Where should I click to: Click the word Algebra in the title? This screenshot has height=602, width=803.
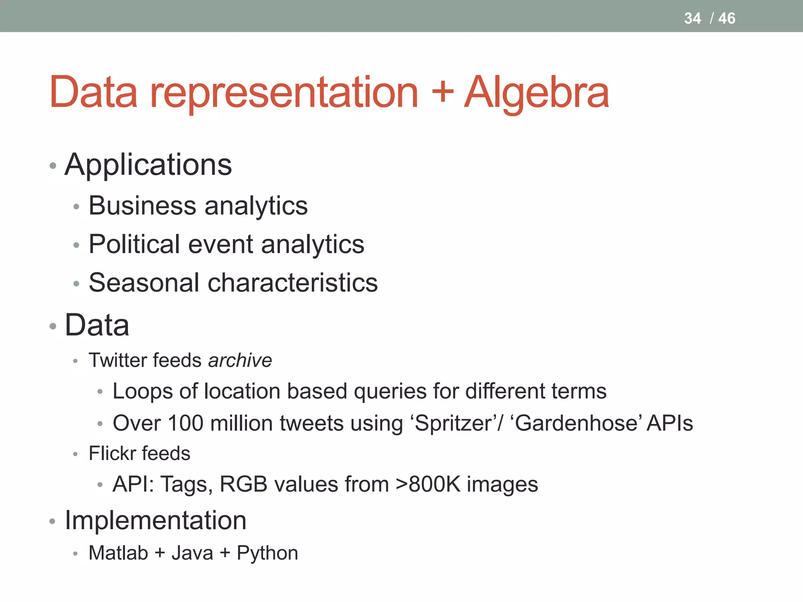(x=536, y=93)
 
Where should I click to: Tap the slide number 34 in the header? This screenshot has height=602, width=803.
(x=692, y=18)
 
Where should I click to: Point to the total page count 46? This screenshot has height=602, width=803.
(x=727, y=18)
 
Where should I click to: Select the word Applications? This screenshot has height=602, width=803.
(x=148, y=165)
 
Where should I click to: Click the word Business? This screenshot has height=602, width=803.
(x=142, y=205)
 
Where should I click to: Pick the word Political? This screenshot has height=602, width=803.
(x=134, y=244)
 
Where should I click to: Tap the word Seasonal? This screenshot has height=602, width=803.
(x=144, y=283)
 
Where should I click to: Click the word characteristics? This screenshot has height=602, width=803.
(x=292, y=283)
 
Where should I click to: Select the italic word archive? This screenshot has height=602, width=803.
(x=240, y=360)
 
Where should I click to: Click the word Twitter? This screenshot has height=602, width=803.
(x=117, y=360)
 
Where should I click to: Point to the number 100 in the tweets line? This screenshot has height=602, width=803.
(x=185, y=423)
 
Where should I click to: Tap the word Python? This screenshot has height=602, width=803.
(x=267, y=553)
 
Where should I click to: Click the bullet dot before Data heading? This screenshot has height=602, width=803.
(x=53, y=326)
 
